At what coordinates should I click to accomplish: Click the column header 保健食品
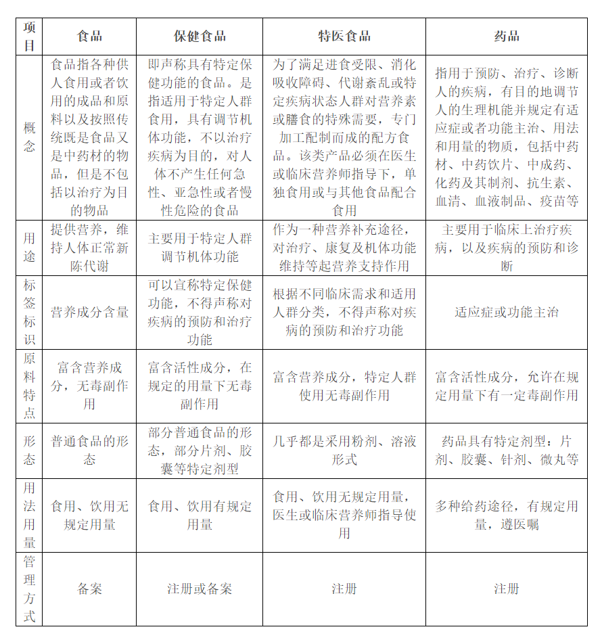200,37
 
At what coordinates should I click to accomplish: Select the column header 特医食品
344,37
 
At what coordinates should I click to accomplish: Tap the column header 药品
506,37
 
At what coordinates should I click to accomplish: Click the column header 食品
90,37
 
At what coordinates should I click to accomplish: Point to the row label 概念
30,137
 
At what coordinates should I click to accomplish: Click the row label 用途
30,247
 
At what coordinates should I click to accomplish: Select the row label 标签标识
30,312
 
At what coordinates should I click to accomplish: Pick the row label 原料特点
30,386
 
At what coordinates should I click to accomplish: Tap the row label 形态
30,451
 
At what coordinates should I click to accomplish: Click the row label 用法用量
30,515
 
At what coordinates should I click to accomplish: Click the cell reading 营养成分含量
90,312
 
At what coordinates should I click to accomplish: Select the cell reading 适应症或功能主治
506,312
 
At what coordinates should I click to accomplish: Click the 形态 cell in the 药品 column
506,451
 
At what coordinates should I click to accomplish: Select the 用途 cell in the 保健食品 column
200,248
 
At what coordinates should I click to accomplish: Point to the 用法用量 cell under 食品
90,515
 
